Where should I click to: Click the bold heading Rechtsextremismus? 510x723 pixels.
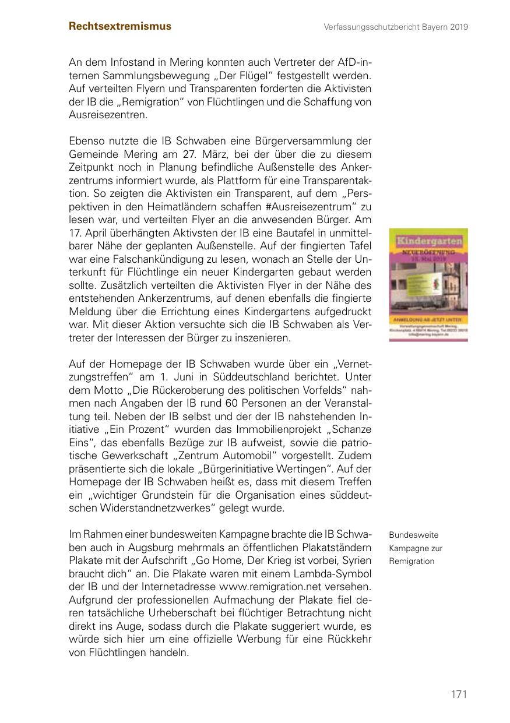[x=120, y=26]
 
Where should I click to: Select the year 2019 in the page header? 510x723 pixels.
[x=459, y=27]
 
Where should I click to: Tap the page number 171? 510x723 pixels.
[x=459, y=694]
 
